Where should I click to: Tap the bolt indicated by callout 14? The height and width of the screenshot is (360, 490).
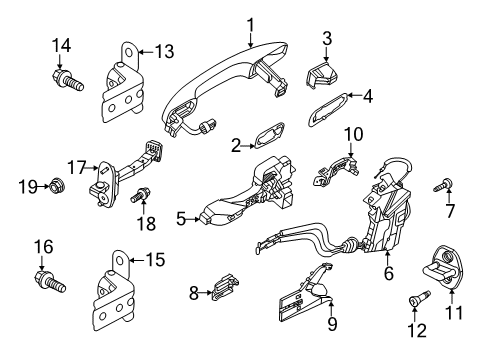pos(68,79)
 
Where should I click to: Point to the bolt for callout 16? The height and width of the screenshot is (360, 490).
pos(50,281)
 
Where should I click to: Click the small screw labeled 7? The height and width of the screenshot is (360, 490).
pos(443,185)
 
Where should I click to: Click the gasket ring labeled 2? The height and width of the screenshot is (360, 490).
pos(269,135)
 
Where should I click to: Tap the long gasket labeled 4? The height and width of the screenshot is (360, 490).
pos(328,109)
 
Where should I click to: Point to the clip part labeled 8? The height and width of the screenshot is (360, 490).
pos(225,286)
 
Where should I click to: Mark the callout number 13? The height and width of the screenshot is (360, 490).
pos(165,52)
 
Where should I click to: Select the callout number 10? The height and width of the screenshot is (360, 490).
pos(354,134)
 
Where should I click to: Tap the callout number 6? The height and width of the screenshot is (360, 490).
pos(389,273)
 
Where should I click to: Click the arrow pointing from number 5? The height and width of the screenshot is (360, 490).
pos(193,219)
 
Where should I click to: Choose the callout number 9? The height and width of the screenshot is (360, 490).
pos(332,323)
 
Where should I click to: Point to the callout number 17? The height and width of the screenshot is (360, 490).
pos(77,167)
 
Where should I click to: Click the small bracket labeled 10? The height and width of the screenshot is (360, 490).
pos(336,171)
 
